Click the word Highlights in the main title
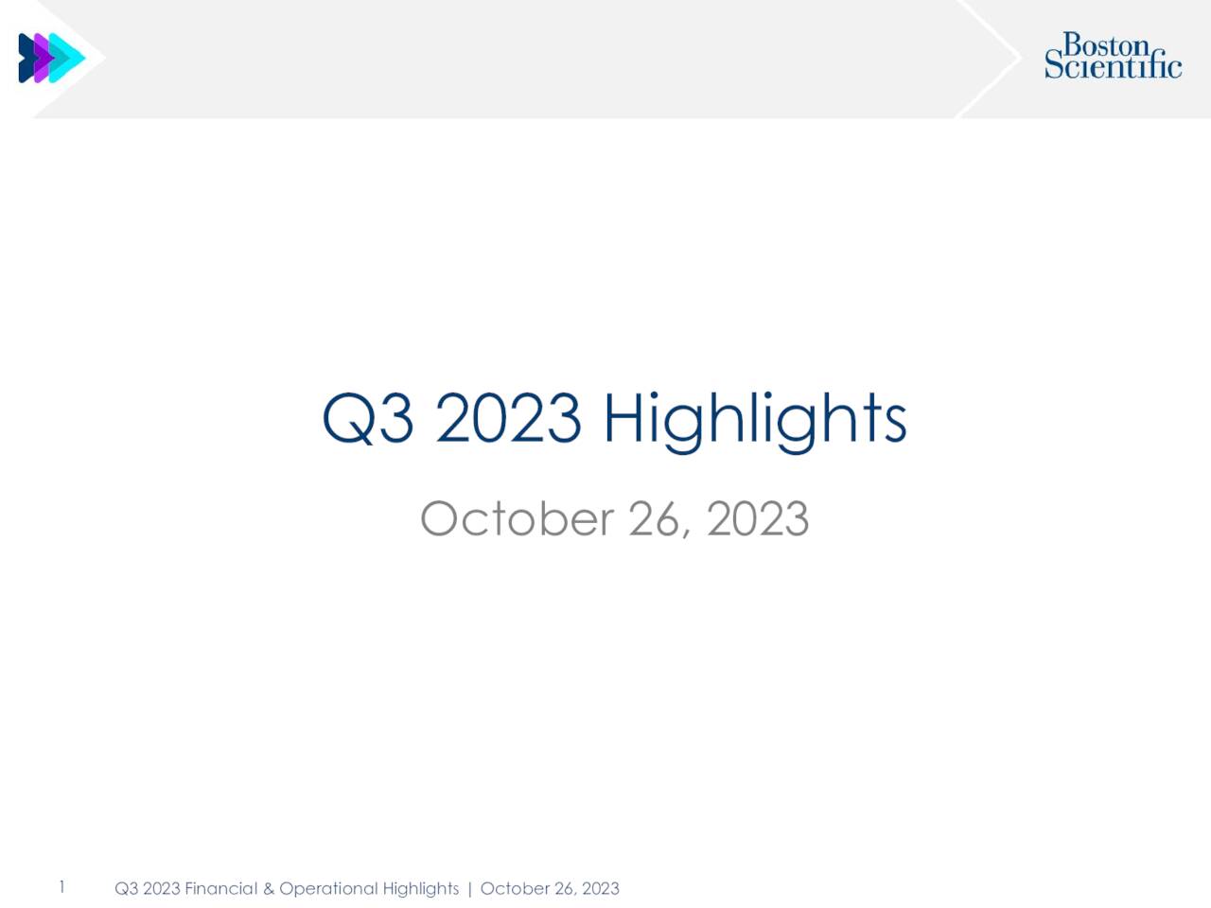755,419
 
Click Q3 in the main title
367,419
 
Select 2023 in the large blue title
508,419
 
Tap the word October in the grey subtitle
516,519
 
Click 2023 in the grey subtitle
757,519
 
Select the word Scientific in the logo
1113,66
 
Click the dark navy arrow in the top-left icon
26,58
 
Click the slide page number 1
61,887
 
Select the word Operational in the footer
328,888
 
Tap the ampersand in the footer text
268,888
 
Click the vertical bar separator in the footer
469,888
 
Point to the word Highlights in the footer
420,888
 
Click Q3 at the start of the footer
126,888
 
